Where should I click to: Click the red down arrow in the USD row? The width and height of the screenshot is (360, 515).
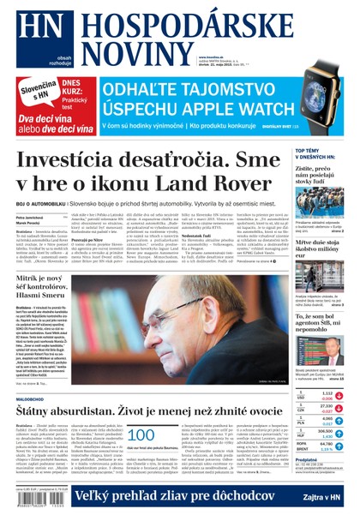coord(340,397)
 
